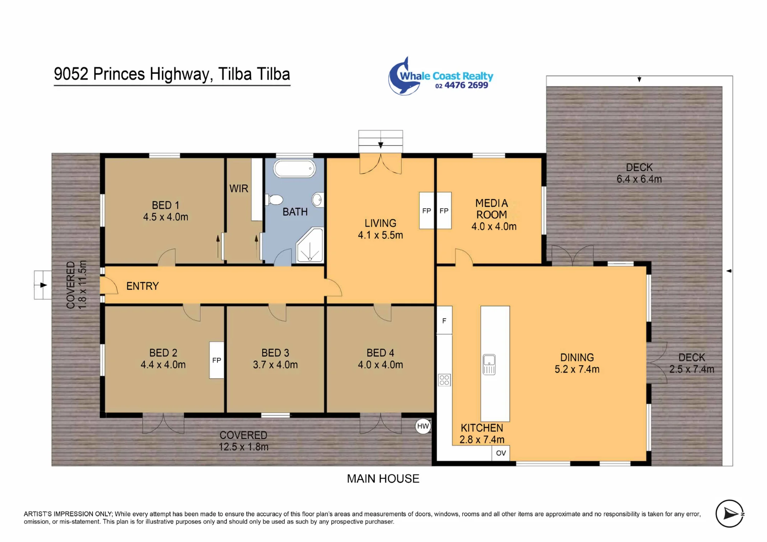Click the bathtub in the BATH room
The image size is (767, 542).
click(x=294, y=168)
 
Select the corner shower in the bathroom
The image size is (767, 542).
click(x=309, y=245)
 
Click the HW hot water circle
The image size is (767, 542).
click(x=423, y=426)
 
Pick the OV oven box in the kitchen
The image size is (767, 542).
click(x=501, y=453)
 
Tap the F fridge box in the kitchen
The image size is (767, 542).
click(x=444, y=320)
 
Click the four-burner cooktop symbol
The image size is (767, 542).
click(x=444, y=380)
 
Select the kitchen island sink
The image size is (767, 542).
click(x=489, y=364)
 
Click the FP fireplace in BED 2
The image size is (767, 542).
click(x=217, y=360)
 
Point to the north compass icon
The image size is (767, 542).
click(x=730, y=514)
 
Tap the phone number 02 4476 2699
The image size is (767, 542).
click(x=462, y=85)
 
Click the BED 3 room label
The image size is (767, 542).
click(x=275, y=353)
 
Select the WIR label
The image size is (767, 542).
click(x=239, y=189)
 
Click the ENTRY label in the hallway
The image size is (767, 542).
click(x=143, y=286)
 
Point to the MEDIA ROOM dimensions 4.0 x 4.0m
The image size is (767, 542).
click(x=494, y=226)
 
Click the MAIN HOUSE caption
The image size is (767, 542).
click(x=383, y=479)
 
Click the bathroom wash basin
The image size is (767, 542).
click(x=318, y=200)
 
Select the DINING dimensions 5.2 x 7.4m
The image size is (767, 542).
click(x=577, y=369)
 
